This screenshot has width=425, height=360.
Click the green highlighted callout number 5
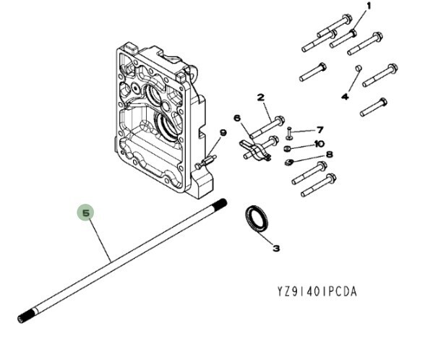[x=85, y=213]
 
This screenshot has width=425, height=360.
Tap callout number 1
[x=369, y=6]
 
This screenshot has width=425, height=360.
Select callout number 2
[x=260, y=98]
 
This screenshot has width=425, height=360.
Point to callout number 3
[x=276, y=248]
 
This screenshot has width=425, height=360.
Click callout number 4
[x=345, y=96]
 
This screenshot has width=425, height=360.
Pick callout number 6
[x=237, y=119]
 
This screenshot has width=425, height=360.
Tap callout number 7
[x=320, y=130]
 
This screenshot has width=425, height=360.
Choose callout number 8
[x=330, y=155]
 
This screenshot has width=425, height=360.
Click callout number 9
[x=223, y=133]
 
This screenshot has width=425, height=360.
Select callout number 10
[x=319, y=143]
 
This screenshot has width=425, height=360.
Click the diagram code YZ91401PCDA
[x=317, y=292]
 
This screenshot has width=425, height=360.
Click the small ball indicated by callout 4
[x=359, y=67]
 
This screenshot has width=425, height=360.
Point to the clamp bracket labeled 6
[x=254, y=150]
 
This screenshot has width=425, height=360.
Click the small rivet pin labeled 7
[x=289, y=133]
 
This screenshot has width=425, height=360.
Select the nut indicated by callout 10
[x=287, y=149]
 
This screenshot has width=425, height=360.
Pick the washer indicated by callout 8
[x=289, y=162]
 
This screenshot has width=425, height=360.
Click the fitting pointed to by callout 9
[x=206, y=162]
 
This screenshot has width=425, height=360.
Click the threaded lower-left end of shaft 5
[x=26, y=316]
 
